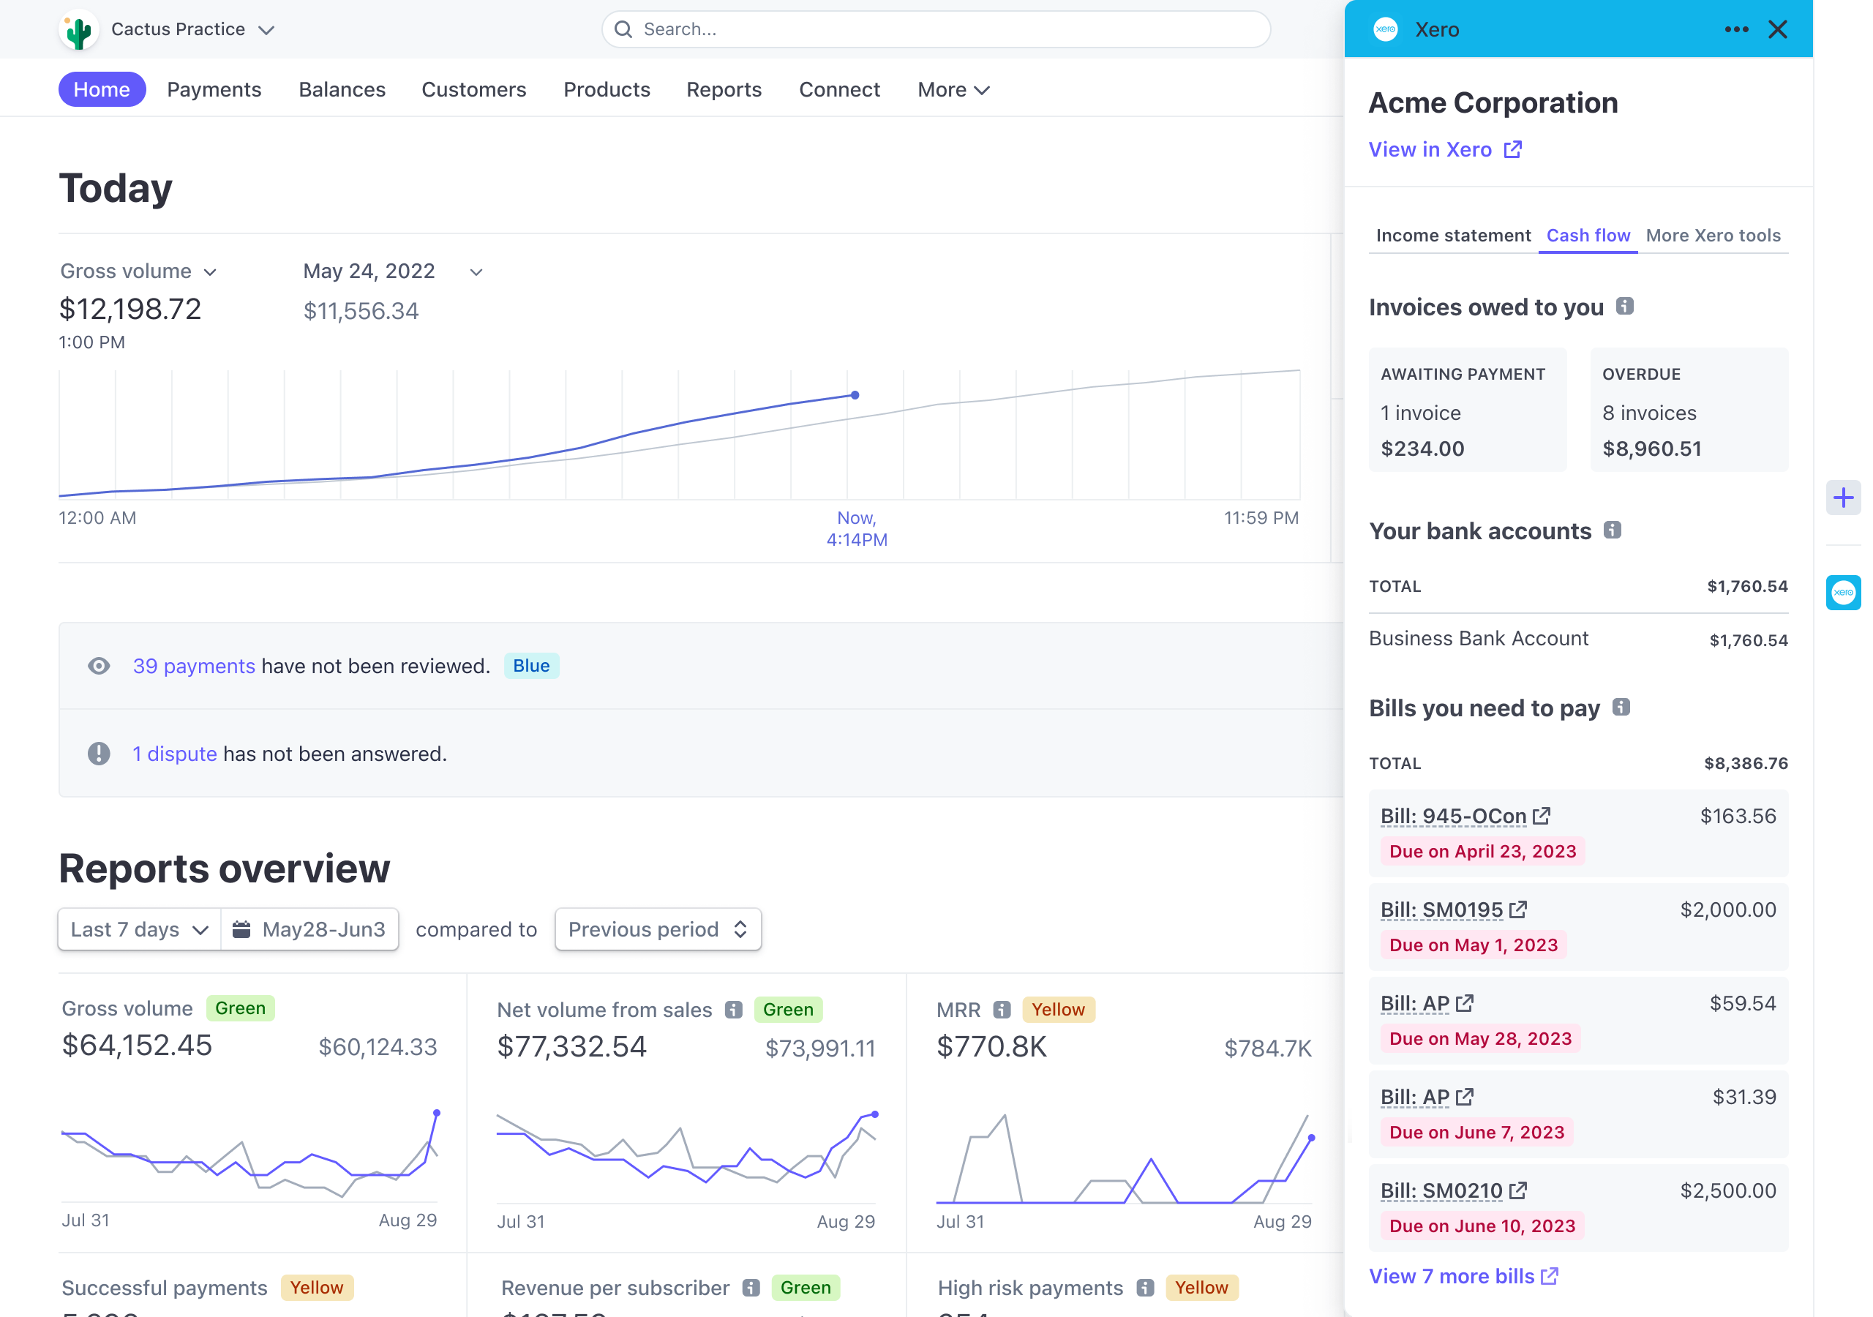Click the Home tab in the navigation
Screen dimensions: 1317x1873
[102, 90]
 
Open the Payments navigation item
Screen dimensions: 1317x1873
[214, 90]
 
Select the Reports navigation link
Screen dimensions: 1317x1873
[724, 90]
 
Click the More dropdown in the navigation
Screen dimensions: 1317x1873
[952, 90]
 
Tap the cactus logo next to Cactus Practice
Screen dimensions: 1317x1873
[79, 30]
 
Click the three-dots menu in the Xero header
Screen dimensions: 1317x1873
[1736, 29]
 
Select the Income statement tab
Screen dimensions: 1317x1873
[1452, 236]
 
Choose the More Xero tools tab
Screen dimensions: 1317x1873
[1712, 236]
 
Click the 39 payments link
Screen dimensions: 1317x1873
[194, 666]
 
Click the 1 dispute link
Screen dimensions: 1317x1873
[175, 754]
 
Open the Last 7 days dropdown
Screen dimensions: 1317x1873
[139, 929]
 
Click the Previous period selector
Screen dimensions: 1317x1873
[658, 929]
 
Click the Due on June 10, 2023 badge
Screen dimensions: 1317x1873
[1482, 1226]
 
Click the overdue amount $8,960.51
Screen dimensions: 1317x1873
[1651, 449]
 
